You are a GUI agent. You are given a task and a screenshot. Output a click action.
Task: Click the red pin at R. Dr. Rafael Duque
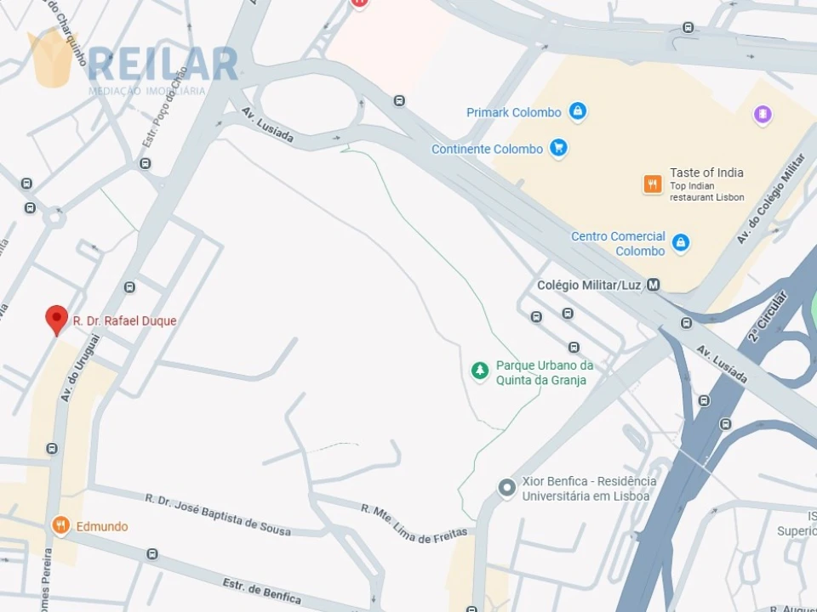point(56,319)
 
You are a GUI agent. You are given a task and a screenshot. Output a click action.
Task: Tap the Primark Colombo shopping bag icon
point(578,111)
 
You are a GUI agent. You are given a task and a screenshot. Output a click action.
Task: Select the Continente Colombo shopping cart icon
point(558,149)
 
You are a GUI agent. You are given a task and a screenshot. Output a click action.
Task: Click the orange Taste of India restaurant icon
point(653,184)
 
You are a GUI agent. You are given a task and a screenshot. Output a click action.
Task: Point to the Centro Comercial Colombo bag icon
point(680,243)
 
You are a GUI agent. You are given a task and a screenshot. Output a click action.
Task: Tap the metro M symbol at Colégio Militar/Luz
point(653,286)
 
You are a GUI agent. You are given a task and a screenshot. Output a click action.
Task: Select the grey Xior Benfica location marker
point(507,488)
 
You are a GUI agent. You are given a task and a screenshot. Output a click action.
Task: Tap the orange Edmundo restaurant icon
point(60,525)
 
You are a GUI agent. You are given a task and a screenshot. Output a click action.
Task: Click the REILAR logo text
point(163,64)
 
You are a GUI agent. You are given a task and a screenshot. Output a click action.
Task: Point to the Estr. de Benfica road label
point(261,592)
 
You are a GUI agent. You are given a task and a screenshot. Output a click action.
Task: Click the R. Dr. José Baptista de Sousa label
point(218,515)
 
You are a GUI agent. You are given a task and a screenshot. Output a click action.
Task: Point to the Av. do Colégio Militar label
point(769,197)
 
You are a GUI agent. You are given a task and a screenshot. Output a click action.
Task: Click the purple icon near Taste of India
point(763,114)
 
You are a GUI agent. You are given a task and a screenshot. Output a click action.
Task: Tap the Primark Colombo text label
point(513,112)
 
